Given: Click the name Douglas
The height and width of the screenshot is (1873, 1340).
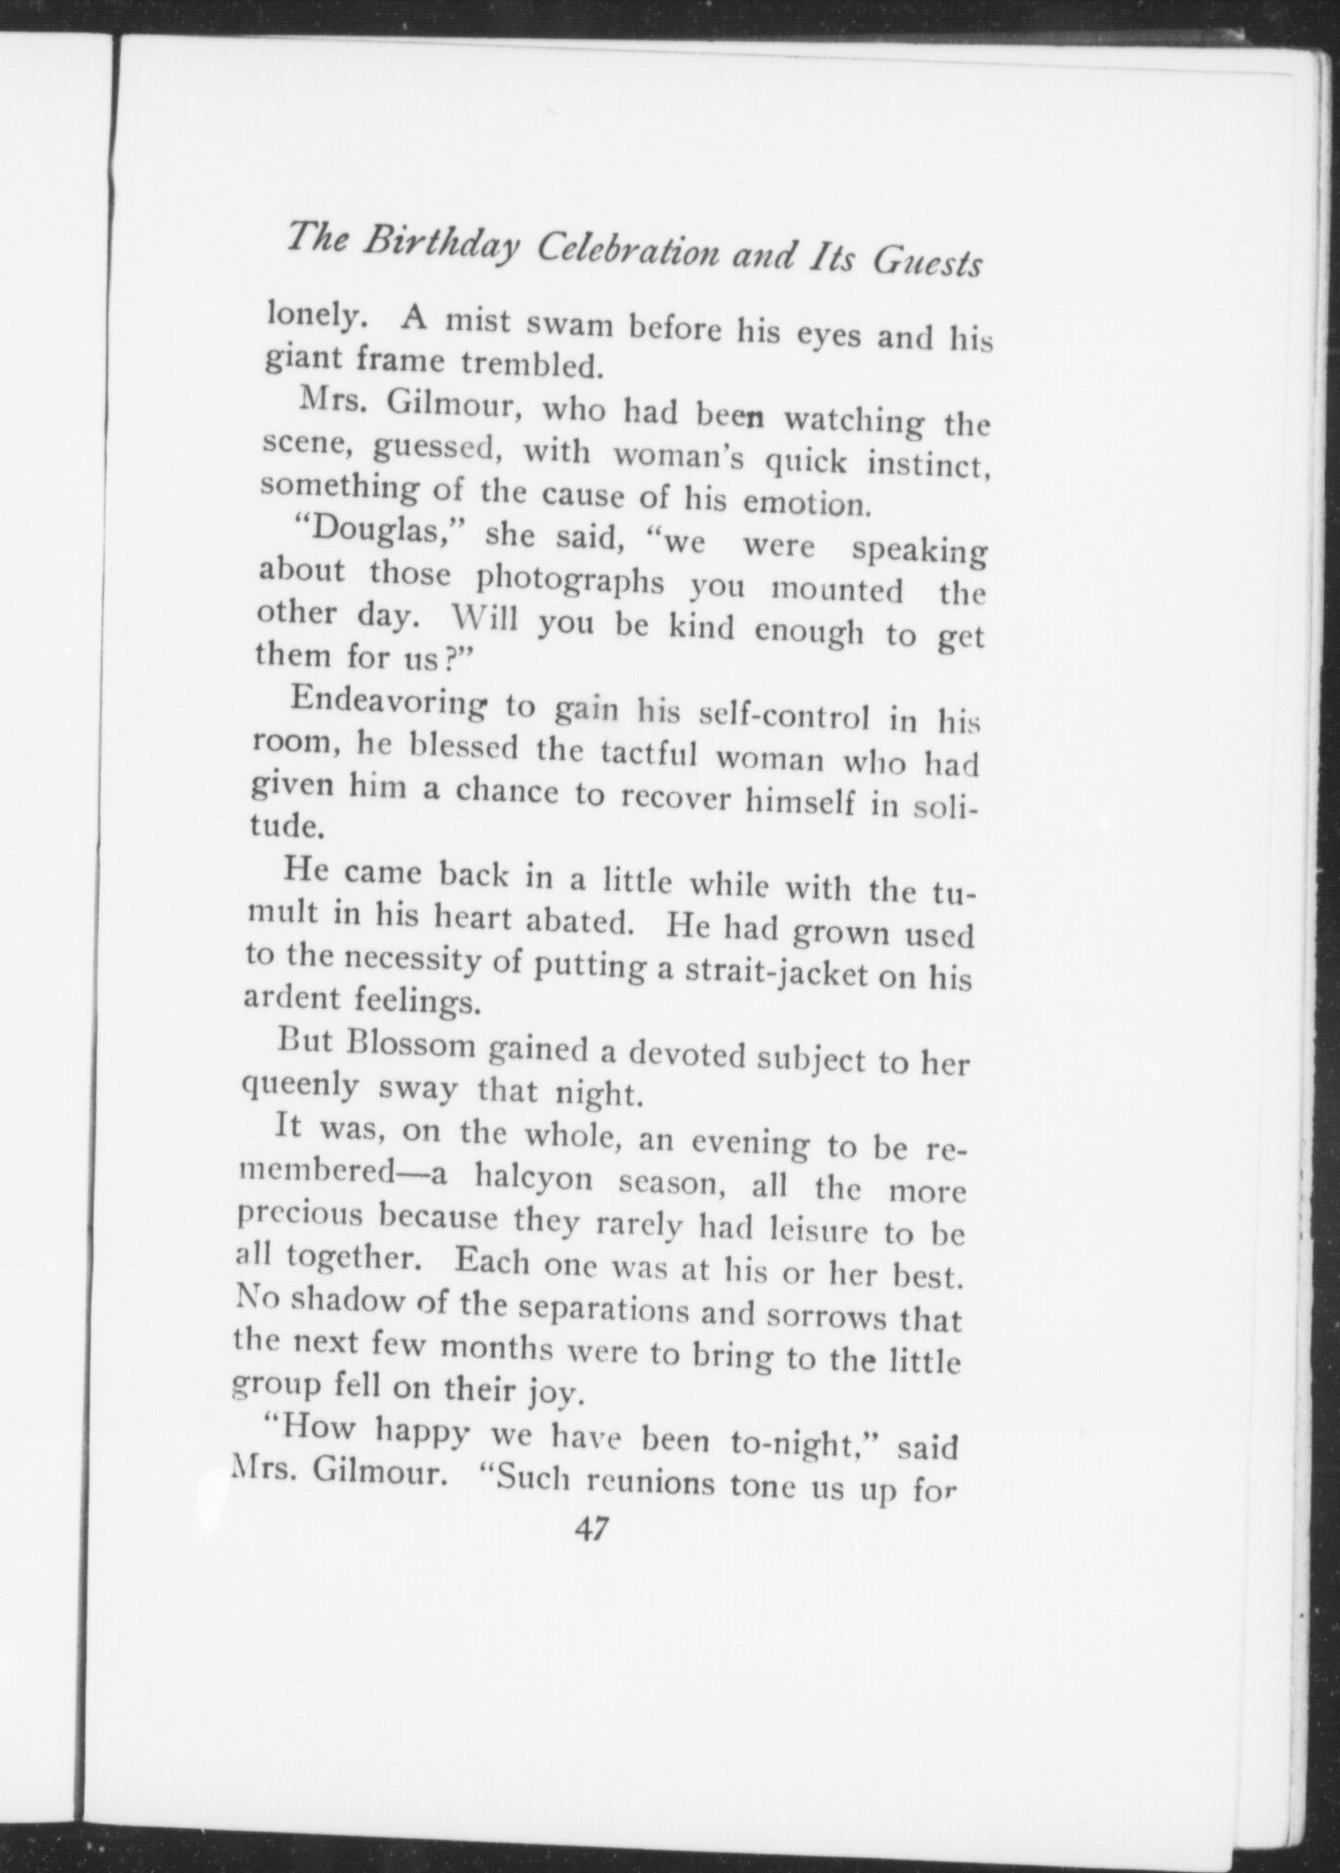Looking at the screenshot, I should [x=365, y=529].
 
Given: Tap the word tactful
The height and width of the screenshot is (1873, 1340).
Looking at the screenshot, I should [x=650, y=756].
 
